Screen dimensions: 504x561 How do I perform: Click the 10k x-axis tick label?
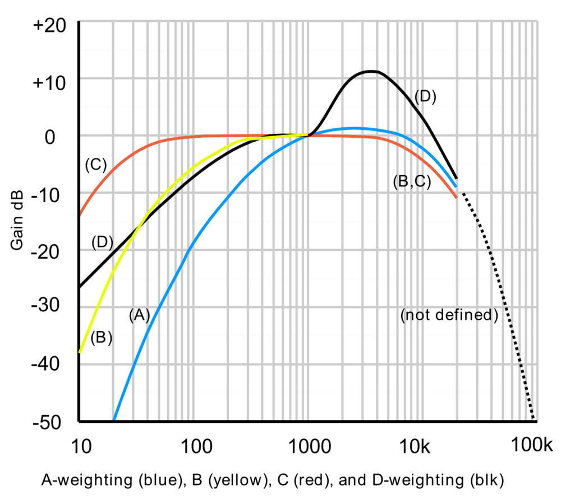click(416, 446)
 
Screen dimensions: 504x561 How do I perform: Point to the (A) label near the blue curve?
click(139, 315)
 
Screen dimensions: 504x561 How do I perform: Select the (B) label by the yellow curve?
click(102, 338)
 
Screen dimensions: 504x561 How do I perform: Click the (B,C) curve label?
click(412, 183)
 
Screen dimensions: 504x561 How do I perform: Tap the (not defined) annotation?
click(449, 315)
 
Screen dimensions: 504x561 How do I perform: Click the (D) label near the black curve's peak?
click(425, 96)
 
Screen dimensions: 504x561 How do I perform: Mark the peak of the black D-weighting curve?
click(371, 71)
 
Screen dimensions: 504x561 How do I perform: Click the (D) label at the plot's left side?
click(103, 242)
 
